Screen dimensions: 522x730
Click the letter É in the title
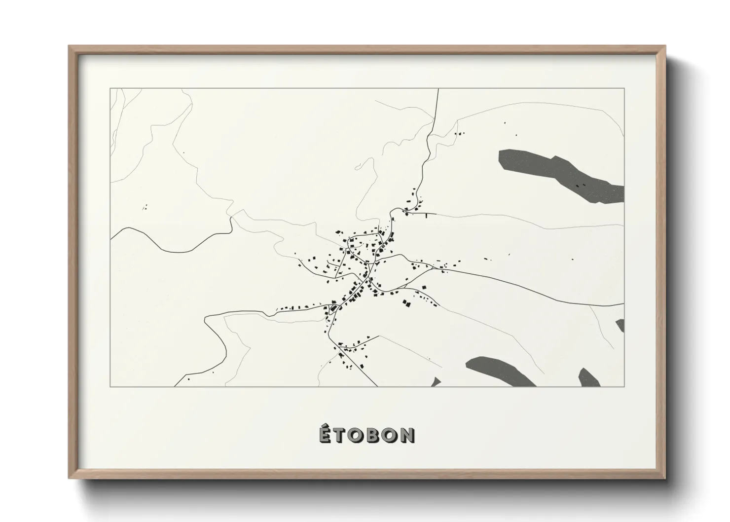pyautogui.click(x=325, y=434)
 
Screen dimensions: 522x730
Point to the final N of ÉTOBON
pyautogui.click(x=407, y=435)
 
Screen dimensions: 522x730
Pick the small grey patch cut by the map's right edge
pyautogui.click(x=620, y=325)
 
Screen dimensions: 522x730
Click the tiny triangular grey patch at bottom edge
pyautogui.click(x=436, y=382)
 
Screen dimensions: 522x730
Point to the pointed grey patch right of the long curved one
pyautogui.click(x=589, y=377)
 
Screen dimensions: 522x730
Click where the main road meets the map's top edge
pyautogui.click(x=438, y=89)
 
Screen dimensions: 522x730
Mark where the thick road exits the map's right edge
pyautogui.click(x=623, y=304)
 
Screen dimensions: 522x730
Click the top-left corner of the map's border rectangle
pyautogui.click(x=110, y=89)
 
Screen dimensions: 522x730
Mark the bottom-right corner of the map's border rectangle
pyautogui.click(x=624, y=386)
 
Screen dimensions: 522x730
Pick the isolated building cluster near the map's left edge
pyautogui.click(x=145, y=208)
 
